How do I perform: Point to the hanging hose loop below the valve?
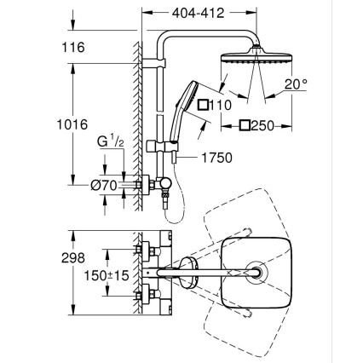coord(174,215)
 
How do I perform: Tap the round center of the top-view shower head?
coord(256,274)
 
